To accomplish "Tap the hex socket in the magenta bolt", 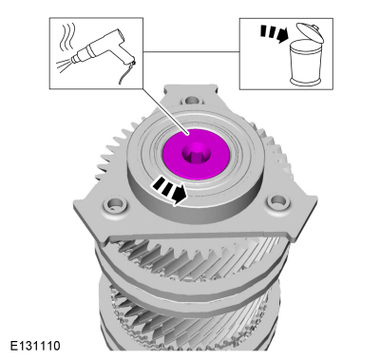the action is (x=197, y=154).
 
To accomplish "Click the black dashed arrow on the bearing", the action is (x=169, y=191).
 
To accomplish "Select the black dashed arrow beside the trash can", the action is (x=274, y=33).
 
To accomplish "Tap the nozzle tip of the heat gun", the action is (x=73, y=59).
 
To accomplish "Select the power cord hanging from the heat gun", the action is (x=125, y=73).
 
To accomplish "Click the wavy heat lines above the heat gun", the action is (x=67, y=35).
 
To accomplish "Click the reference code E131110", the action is (x=35, y=346).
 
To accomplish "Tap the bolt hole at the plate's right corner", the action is (x=278, y=200).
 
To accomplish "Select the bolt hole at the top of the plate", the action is (x=192, y=101).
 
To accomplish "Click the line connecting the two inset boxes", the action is (x=191, y=51).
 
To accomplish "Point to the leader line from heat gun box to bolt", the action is (x=166, y=111).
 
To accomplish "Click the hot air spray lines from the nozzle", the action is (x=64, y=66).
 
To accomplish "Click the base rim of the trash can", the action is (x=307, y=82).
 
